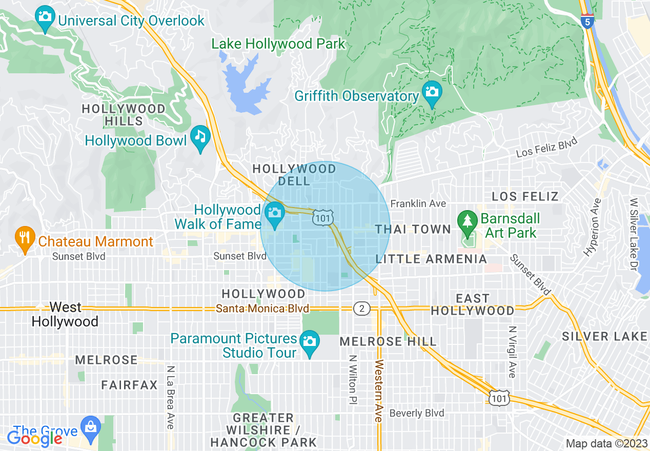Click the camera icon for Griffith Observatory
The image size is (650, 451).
click(x=432, y=93)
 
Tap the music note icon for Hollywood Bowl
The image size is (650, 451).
click(x=200, y=137)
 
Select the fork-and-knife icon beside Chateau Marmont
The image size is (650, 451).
click(x=24, y=238)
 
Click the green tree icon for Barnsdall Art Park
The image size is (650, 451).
click(x=467, y=221)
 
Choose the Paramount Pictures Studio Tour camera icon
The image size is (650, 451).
click(x=310, y=342)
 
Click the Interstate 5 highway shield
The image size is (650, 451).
click(x=587, y=20)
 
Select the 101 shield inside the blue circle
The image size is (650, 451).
click(x=323, y=217)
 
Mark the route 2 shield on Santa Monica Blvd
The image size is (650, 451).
click(x=361, y=309)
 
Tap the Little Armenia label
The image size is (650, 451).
click(x=431, y=259)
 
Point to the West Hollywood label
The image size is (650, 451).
click(x=65, y=314)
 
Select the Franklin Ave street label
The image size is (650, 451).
click(x=418, y=203)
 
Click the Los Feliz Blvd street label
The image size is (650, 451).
click(x=546, y=147)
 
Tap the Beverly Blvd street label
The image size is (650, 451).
click(x=417, y=413)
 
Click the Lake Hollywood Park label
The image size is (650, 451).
click(x=279, y=44)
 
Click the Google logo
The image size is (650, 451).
click(x=34, y=438)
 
